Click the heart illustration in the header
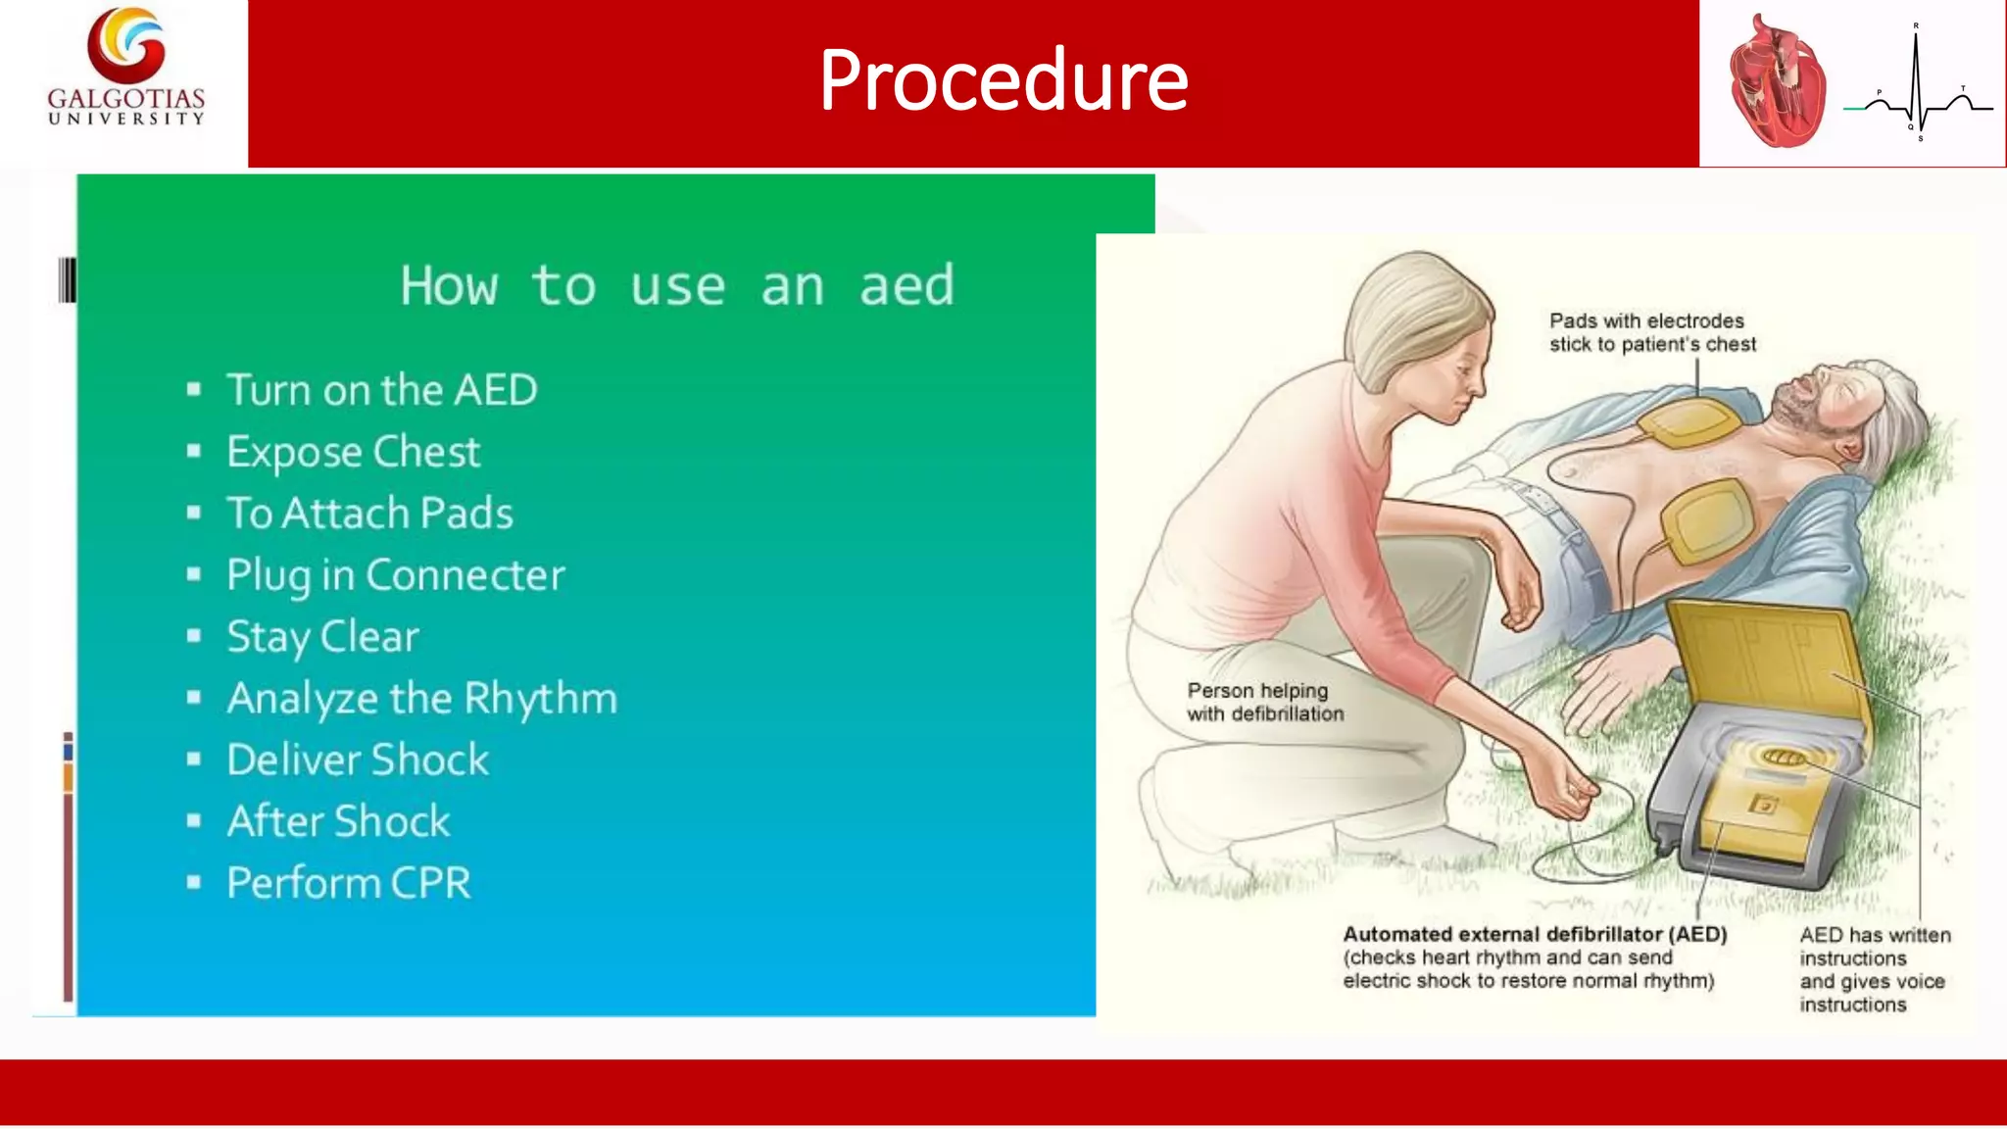coord(1777,83)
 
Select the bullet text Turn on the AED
coord(382,390)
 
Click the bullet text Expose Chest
coord(353,452)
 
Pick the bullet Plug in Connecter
coord(396,575)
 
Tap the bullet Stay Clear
coord(322,637)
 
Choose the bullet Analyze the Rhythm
coord(422,699)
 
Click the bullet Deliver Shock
coord(358,761)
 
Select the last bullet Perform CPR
coord(349,883)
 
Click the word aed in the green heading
coord(906,286)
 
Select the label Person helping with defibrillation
coord(1265,703)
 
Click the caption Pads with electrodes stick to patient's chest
coord(1652,333)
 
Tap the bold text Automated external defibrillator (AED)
coord(1535,935)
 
